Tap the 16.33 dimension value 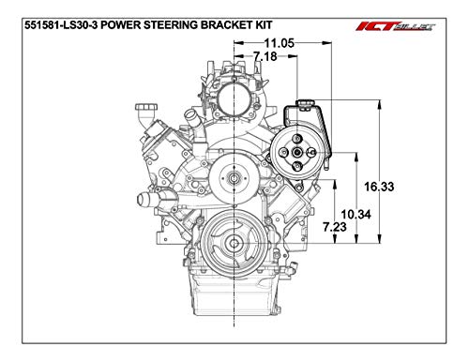click(378, 187)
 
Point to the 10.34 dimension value click(356, 215)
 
